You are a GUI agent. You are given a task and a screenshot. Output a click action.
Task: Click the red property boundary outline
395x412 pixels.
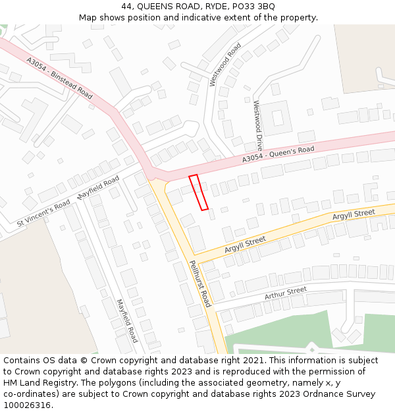click(199, 192)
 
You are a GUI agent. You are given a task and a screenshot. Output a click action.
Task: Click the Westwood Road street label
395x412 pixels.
click(224, 65)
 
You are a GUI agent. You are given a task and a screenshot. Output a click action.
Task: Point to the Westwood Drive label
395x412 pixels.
click(259, 125)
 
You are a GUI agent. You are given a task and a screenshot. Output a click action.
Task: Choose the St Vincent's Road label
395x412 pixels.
click(43, 214)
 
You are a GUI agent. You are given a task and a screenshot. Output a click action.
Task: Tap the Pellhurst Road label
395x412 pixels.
click(199, 283)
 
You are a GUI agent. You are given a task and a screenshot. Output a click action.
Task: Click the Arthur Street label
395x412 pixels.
click(286, 293)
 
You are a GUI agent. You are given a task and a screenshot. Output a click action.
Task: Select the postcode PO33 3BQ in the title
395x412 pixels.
click(253, 6)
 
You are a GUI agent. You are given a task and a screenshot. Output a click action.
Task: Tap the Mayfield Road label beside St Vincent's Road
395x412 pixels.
click(98, 187)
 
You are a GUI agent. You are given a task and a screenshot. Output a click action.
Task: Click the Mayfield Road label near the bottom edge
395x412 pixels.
click(126, 320)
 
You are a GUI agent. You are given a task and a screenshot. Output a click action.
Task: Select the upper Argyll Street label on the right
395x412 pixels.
click(353, 215)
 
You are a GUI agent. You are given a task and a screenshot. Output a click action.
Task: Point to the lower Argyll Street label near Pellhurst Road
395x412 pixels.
click(245, 244)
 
